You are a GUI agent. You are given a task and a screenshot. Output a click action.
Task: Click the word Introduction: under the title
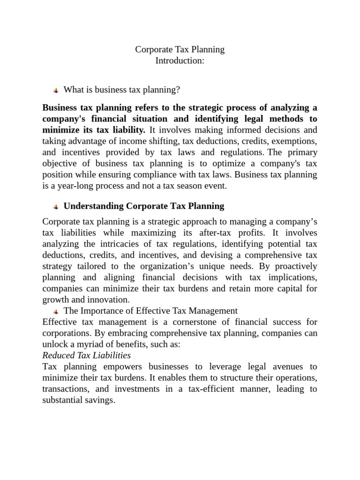[x=180, y=61]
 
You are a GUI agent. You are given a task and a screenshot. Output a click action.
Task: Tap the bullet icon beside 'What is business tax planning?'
[x=55, y=90]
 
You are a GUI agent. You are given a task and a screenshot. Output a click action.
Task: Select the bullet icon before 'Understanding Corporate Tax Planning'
[x=55, y=207]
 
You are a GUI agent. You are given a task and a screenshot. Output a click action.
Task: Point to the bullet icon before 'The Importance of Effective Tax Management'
[x=55, y=311]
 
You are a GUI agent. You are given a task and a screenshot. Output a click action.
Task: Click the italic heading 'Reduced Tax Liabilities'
[x=86, y=355]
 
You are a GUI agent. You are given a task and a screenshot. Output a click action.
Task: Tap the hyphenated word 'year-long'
[x=76, y=186]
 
